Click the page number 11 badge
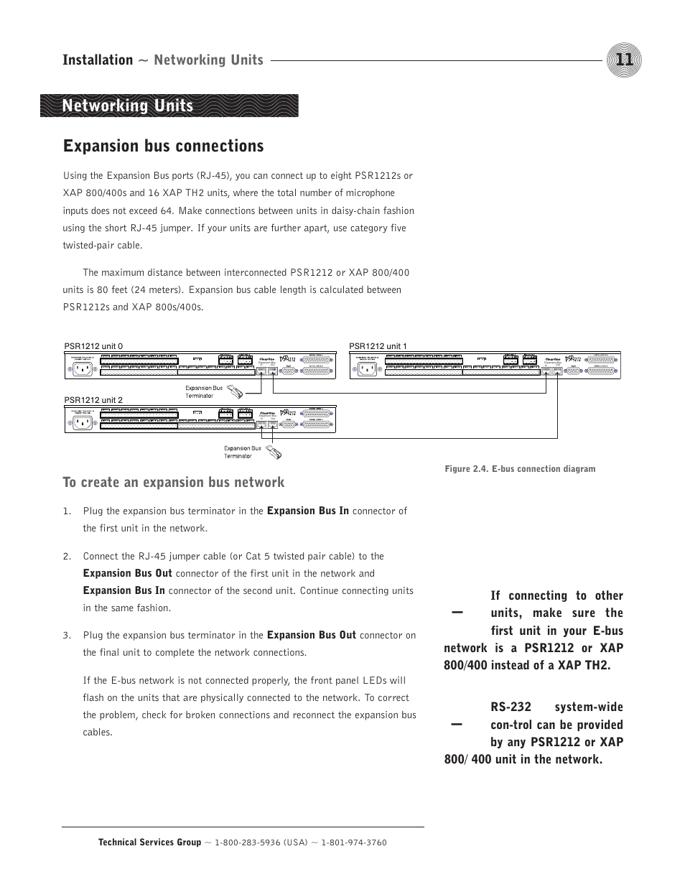click(x=623, y=60)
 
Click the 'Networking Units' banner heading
click(x=128, y=106)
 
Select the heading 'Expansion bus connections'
click(x=163, y=146)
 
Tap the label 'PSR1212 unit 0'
click(x=93, y=346)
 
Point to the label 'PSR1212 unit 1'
click(x=378, y=346)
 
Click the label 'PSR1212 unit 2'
click(x=93, y=400)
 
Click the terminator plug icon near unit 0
click(x=236, y=391)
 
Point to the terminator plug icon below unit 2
click(x=274, y=452)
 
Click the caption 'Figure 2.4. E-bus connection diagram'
click(x=520, y=469)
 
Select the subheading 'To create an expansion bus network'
click(x=173, y=482)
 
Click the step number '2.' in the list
click(x=67, y=556)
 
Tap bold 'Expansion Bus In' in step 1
click(x=307, y=511)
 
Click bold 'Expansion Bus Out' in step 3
click(x=311, y=635)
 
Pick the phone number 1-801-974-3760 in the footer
click(x=353, y=842)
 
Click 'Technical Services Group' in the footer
click(x=149, y=842)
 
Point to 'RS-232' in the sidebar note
click(x=511, y=707)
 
